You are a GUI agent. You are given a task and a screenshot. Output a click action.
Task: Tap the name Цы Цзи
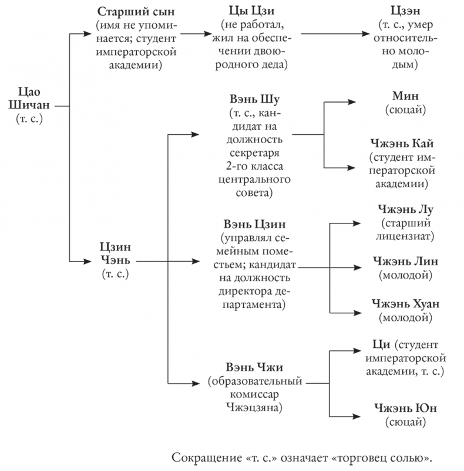pyautogui.click(x=255, y=12)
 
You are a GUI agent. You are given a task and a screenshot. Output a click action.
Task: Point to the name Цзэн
pyautogui.click(x=405, y=12)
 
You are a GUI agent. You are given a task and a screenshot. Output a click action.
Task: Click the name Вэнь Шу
pyautogui.click(x=254, y=99)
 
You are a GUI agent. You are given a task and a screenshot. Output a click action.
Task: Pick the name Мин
pyautogui.click(x=404, y=96)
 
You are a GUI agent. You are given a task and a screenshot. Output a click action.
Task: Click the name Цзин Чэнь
pyautogui.click(x=115, y=254)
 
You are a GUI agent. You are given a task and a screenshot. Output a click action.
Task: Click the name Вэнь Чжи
pyautogui.click(x=254, y=368)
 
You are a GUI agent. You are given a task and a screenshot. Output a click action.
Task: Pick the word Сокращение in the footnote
pyautogui.click(x=203, y=457)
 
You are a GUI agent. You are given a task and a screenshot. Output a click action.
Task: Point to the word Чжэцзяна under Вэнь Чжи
pyautogui.click(x=254, y=406)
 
